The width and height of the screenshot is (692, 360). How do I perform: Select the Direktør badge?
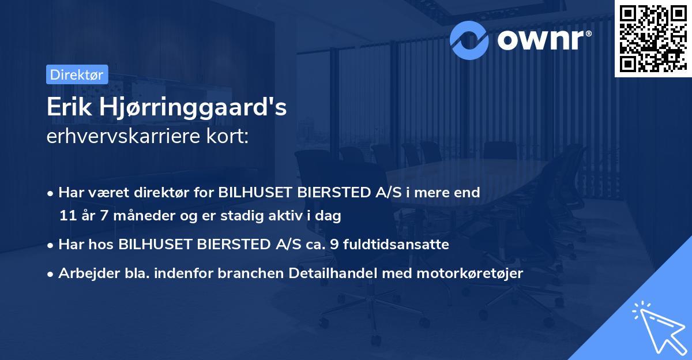77,74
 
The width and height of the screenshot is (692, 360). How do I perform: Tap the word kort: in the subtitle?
229,137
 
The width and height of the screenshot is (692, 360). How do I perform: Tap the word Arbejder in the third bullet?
84,273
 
